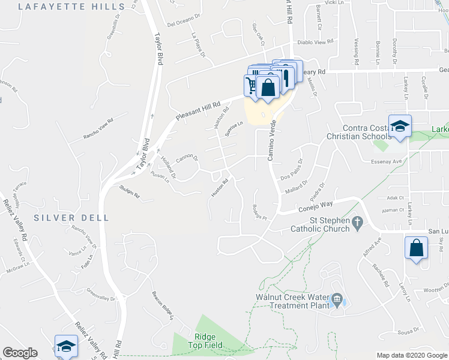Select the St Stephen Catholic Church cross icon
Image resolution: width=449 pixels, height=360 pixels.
coord(358,223)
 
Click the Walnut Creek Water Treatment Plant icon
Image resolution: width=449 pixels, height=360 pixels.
coord(337,299)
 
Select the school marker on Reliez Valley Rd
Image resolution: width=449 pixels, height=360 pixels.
coord(66,346)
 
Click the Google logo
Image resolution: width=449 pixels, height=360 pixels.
coord(20,353)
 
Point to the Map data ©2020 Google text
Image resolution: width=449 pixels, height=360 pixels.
coord(411,355)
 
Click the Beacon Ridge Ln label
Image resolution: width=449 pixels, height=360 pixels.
coord(162,305)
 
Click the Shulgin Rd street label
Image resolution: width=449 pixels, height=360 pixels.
coord(128,196)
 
